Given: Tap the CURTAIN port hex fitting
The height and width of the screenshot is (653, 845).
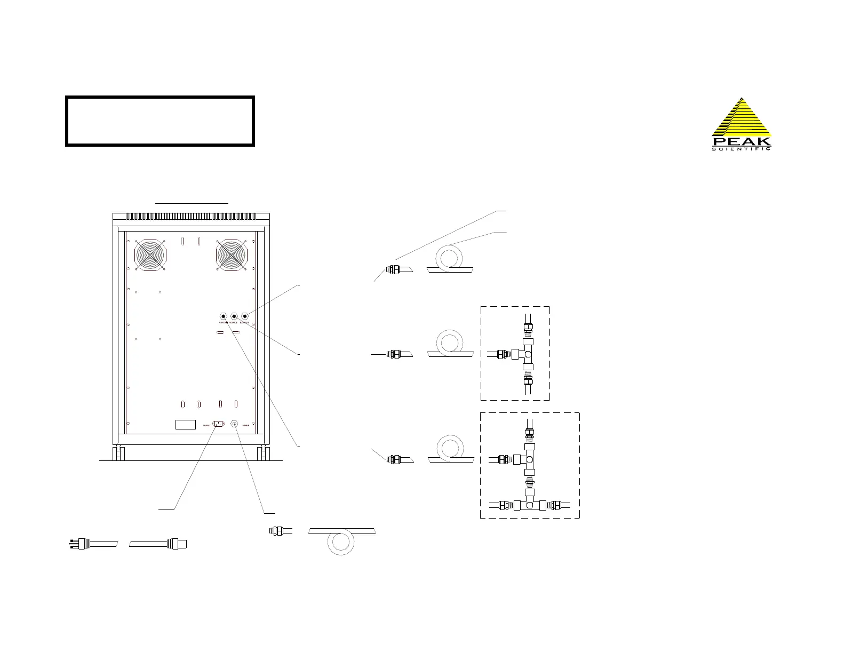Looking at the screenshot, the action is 223,316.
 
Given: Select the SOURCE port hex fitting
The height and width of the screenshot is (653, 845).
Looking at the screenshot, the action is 234,316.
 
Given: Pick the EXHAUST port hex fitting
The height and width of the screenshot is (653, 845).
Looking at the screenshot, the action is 245,316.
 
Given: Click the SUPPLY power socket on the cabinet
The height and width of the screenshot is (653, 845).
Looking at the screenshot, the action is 218,424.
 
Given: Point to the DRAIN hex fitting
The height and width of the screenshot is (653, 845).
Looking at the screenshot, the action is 234,424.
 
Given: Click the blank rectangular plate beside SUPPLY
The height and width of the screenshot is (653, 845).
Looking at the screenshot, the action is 186,425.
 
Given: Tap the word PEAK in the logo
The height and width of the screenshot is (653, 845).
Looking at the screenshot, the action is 742,141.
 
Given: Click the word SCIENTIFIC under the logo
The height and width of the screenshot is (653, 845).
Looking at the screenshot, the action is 742,149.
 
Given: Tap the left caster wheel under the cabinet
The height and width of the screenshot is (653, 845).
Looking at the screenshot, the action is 116,454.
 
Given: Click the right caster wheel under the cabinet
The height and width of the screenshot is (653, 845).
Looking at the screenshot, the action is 262,454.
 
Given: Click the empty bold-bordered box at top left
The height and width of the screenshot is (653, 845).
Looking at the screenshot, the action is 160,121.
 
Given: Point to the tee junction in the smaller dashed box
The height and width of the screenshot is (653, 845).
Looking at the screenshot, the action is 528,354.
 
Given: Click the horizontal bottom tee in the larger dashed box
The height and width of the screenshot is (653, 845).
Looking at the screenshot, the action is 529,504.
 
